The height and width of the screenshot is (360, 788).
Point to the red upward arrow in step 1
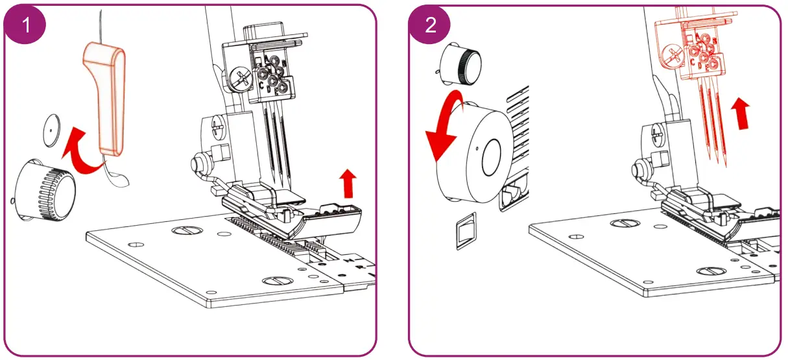tap(348, 184)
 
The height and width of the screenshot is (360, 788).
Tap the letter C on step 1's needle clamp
tap(261, 84)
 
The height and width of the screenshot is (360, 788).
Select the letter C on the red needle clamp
tap(693, 62)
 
